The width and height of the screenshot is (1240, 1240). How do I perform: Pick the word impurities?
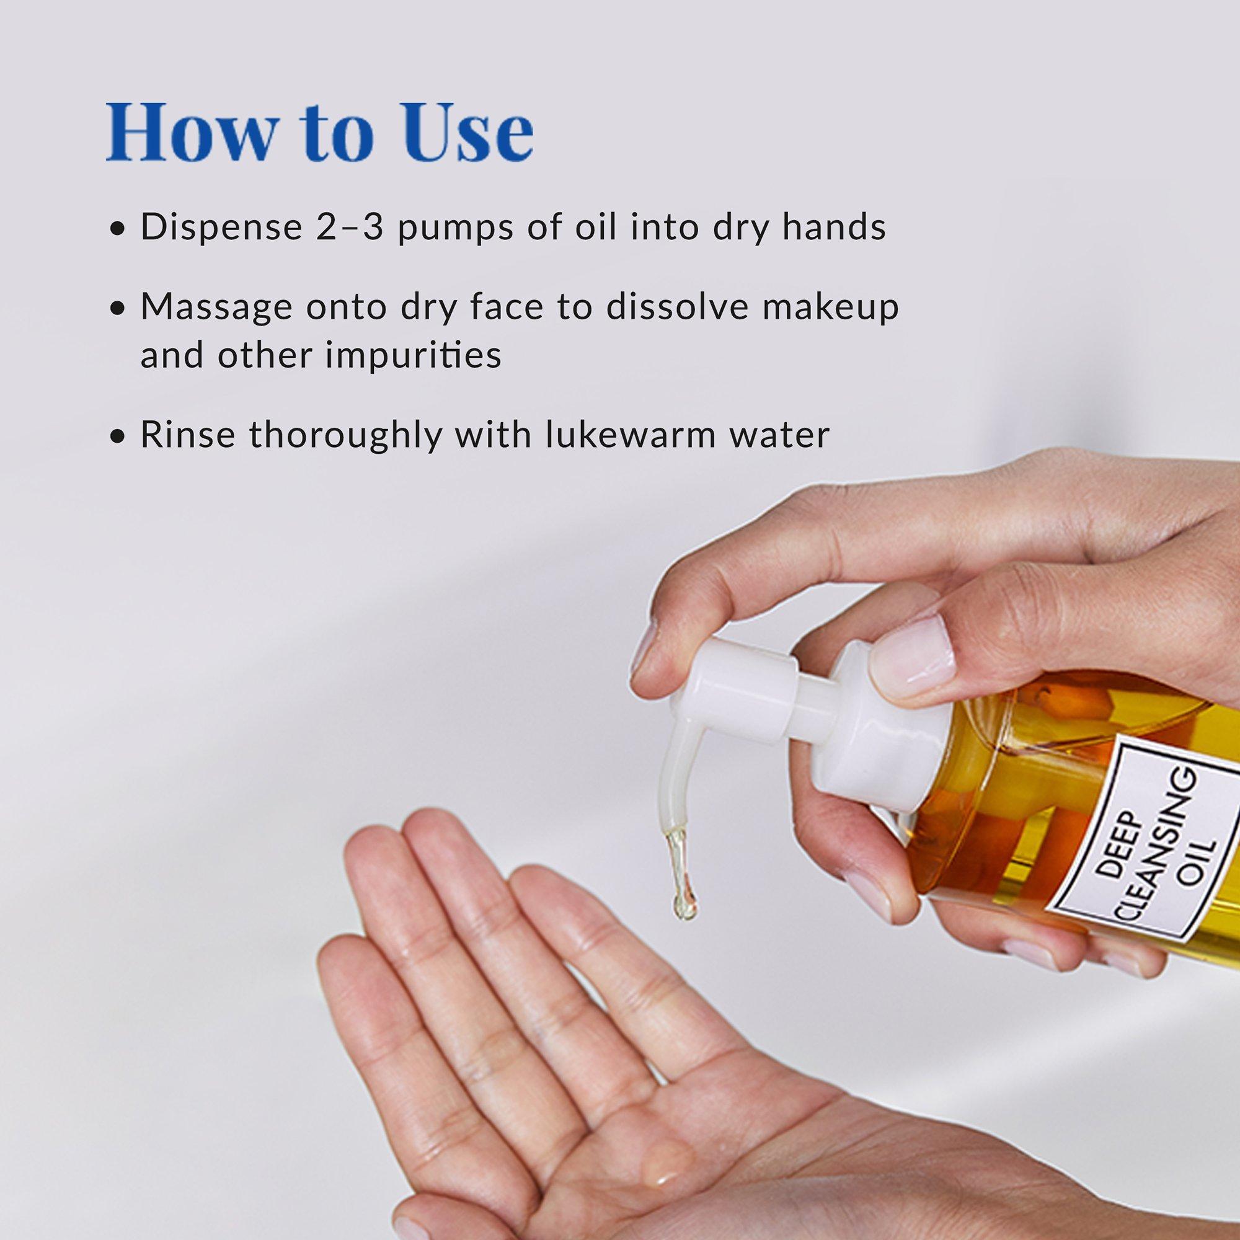(x=414, y=354)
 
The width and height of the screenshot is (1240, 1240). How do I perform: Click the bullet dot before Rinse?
(x=116, y=437)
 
